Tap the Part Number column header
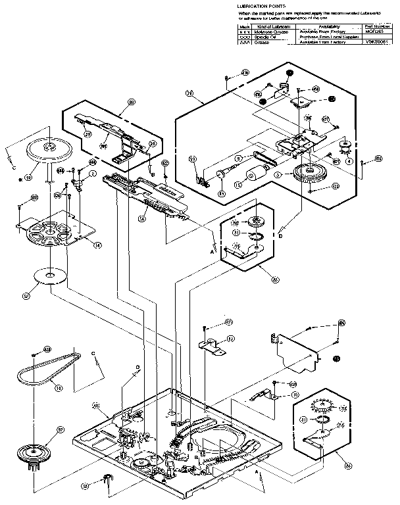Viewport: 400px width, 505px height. [x=376, y=26]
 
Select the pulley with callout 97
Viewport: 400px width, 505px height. [x=31, y=454]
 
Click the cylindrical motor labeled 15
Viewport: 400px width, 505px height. [x=254, y=177]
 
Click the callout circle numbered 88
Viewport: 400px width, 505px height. [x=132, y=103]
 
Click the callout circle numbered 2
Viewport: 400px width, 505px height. [x=93, y=173]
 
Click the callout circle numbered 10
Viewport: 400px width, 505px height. [x=295, y=395]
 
